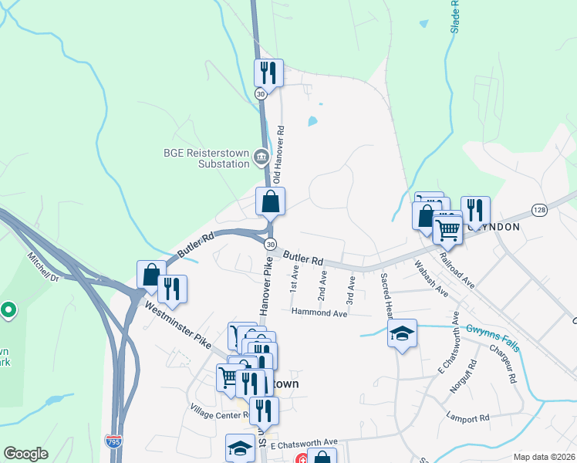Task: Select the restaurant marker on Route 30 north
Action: tap(268, 74)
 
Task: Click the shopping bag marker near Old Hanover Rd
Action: tap(271, 202)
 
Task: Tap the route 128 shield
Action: tap(539, 210)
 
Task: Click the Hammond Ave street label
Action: tap(319, 313)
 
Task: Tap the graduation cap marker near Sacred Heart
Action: tap(402, 334)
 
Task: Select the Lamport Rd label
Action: tap(468, 418)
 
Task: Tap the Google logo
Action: tap(26, 454)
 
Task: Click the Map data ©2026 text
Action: tap(544, 457)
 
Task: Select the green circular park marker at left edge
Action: tap(8, 310)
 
